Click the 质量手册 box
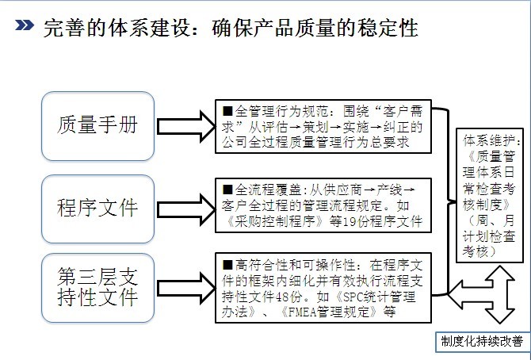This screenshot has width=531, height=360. coord(97,124)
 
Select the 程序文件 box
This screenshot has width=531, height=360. coord(97,209)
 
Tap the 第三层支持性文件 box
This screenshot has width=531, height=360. coord(97,287)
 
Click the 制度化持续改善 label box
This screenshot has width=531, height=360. coord(483,342)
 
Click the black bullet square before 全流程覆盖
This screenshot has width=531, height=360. coord(227,191)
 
